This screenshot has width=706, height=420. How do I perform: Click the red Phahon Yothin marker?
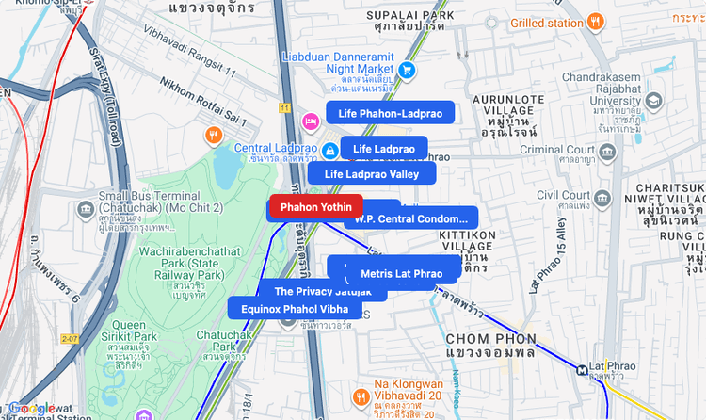point(315,207)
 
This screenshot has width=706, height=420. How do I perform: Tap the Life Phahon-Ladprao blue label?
point(390,113)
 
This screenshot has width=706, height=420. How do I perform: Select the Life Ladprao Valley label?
point(371,173)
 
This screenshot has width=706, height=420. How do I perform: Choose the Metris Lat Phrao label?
point(401,273)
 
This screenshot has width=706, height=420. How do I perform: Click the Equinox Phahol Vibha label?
point(295,309)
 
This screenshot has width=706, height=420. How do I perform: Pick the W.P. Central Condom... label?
point(410,219)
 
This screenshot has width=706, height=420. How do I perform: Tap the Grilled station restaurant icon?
point(595,22)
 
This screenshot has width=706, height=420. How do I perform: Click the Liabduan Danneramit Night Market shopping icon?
point(408,69)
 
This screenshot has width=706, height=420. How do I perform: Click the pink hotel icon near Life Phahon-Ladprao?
point(310,121)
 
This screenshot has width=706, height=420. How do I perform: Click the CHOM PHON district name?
point(485,338)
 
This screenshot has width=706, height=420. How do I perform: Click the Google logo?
point(35,409)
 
